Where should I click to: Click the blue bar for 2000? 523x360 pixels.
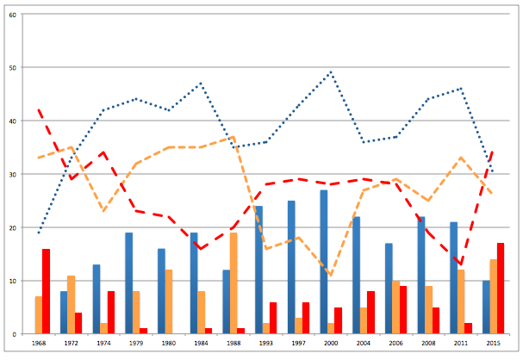coord(323,262)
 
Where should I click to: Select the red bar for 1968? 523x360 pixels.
coord(47,291)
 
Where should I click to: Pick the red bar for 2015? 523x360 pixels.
coord(501,289)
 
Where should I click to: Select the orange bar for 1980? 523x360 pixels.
coord(169,301)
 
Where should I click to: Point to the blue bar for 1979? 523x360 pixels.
coord(128,283)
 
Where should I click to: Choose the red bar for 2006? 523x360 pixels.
coord(403,310)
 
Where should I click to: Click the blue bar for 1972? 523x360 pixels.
coord(64,313)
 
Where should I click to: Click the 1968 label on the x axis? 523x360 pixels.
coord(39,344)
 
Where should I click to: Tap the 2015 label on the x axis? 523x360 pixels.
coord(493,344)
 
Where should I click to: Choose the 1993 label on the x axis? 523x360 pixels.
coord(266,344)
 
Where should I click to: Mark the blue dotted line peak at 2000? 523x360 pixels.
coord(331,72)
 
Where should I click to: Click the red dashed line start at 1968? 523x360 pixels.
coord(39,110)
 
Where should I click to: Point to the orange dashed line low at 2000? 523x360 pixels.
coord(331,275)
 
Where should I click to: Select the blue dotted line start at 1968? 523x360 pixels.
coord(39,233)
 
